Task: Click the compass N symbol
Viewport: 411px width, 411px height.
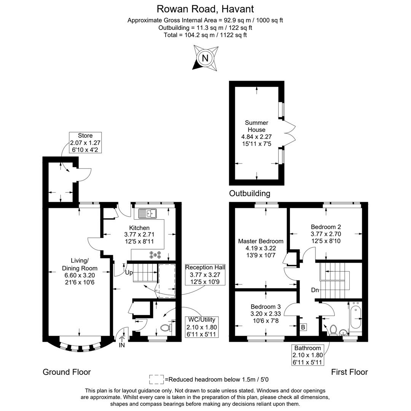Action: point(205,58)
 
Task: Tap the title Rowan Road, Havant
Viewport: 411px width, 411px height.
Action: point(205,8)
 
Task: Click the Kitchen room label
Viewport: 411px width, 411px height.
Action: point(139,234)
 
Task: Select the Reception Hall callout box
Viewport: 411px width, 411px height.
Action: point(205,274)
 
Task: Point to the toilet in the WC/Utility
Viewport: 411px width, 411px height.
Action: point(166,327)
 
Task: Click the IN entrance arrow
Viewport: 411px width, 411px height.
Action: point(122,339)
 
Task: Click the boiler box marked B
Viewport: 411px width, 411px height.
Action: point(303,327)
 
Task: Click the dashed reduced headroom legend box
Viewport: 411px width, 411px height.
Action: point(156,379)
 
